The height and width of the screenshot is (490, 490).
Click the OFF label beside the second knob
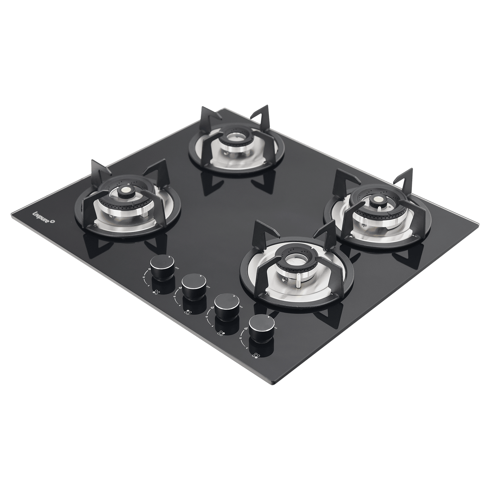208,287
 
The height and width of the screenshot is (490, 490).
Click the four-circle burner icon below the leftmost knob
156,292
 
